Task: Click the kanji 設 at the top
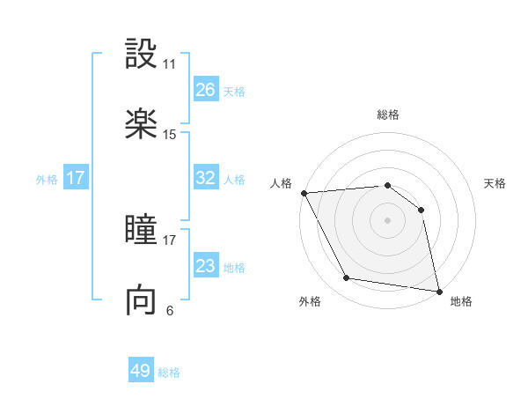(x=141, y=54)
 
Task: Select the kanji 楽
(x=141, y=123)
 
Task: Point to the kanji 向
(x=141, y=300)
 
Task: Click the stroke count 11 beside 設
(x=170, y=64)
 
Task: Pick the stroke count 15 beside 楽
(x=170, y=135)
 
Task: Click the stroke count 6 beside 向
(x=170, y=310)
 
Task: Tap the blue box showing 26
(x=205, y=90)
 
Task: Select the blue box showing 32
(x=205, y=178)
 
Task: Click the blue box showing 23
(x=205, y=266)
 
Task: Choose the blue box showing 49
(x=141, y=371)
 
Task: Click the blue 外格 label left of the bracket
(x=47, y=179)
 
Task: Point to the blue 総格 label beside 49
(x=169, y=373)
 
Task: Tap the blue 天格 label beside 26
(x=234, y=91)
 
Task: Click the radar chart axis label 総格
(x=387, y=115)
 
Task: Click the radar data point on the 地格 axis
(x=438, y=291)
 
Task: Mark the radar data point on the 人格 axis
(x=304, y=193)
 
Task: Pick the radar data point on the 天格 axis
(x=421, y=210)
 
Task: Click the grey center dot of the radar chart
(x=387, y=220)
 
